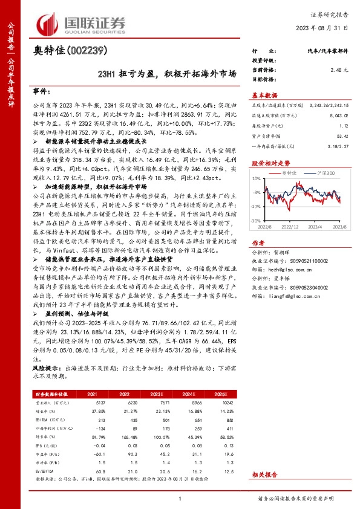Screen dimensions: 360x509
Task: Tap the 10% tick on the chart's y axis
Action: [258, 179]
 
